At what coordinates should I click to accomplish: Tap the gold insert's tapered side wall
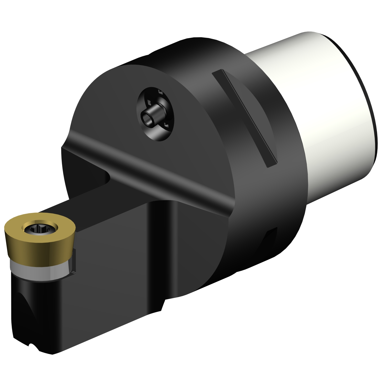pos(38,250)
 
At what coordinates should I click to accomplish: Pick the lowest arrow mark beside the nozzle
pos(166,125)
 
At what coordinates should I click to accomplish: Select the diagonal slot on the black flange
pos(244,118)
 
